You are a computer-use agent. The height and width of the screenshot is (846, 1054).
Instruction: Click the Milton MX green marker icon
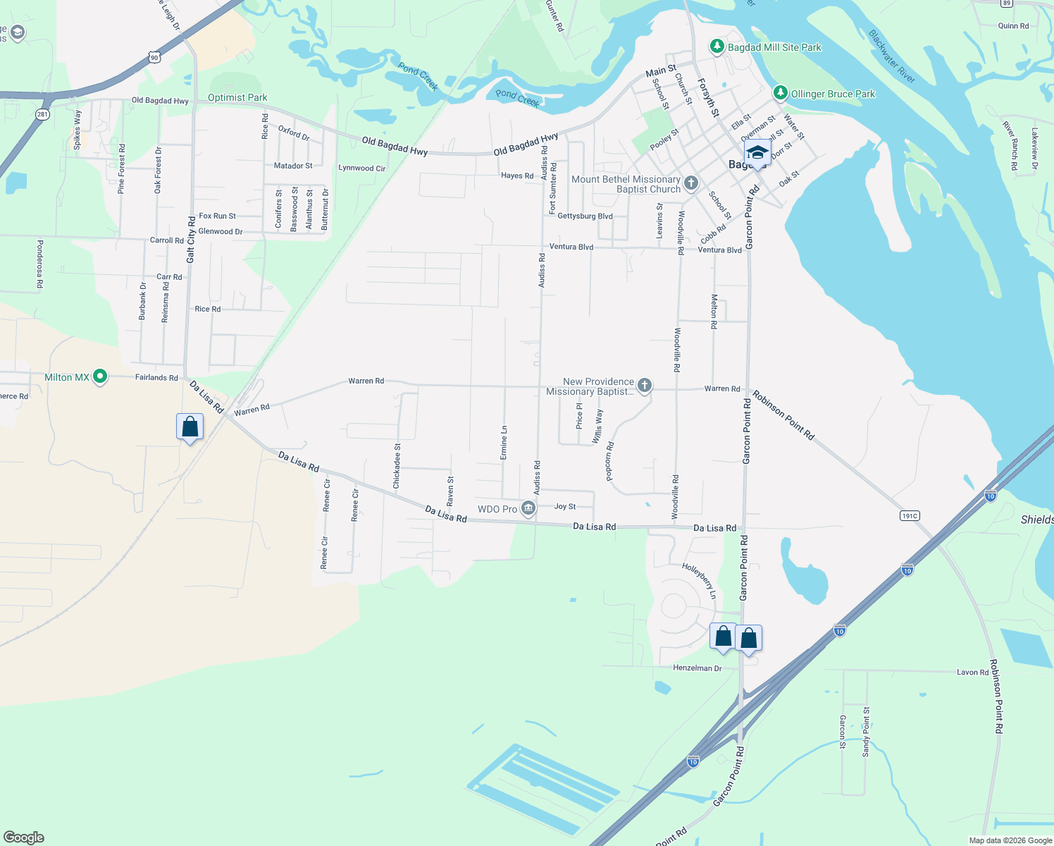[x=100, y=377]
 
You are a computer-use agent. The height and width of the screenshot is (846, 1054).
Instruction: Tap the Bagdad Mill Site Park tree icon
[x=717, y=47]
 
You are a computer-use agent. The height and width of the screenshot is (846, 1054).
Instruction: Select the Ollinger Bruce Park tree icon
[x=780, y=93]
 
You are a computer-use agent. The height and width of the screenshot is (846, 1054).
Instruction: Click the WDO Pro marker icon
[x=528, y=509]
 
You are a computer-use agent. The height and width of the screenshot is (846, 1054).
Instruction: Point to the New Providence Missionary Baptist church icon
[x=644, y=386]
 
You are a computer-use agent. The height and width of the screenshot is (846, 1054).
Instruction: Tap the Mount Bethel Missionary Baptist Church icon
[x=690, y=184]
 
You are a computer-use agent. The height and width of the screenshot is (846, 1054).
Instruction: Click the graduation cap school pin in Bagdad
[x=757, y=153]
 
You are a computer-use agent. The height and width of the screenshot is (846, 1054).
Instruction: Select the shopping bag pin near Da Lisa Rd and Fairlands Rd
[x=190, y=427]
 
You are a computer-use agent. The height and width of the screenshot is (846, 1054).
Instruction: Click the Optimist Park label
[x=237, y=97]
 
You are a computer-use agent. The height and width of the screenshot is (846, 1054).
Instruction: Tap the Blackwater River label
[x=891, y=56]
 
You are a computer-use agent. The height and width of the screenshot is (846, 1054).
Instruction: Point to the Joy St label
[x=565, y=506]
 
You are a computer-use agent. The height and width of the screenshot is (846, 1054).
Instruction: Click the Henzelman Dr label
[x=697, y=668]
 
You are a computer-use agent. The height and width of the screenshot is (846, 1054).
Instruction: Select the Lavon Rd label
[x=972, y=672]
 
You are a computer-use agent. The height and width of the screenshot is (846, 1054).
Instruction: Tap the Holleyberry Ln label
[x=699, y=581]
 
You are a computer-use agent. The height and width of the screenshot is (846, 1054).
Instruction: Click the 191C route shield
[x=910, y=516]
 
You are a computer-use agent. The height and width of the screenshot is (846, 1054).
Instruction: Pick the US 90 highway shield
[x=154, y=56]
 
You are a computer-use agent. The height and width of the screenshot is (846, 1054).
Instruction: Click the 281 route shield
[x=43, y=114]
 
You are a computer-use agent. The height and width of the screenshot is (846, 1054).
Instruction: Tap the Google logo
[x=24, y=838]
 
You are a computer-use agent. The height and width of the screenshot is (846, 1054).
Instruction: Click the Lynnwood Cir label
[x=362, y=168]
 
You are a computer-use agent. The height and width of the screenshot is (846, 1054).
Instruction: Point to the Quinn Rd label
[x=1013, y=26]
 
